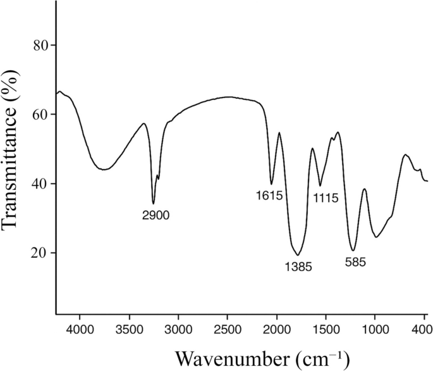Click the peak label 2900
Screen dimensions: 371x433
(x=156, y=215)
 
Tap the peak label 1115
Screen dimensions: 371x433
(x=326, y=198)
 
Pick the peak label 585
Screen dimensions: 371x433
(x=357, y=261)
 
